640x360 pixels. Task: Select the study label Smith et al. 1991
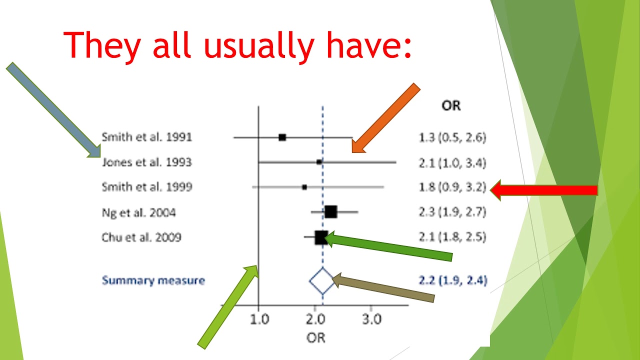point(146,137)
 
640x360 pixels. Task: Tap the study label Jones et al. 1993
point(146,162)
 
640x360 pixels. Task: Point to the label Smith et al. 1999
point(146,187)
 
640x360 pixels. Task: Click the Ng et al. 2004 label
point(138,212)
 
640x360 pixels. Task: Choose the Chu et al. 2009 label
point(141,237)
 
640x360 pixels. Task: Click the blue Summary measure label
point(153,280)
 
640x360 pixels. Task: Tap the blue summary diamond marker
point(321,281)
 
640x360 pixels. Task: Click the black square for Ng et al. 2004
point(330,212)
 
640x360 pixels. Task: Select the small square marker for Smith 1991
point(282,137)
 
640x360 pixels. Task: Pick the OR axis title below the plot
point(315,338)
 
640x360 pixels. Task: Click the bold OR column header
point(451,105)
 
